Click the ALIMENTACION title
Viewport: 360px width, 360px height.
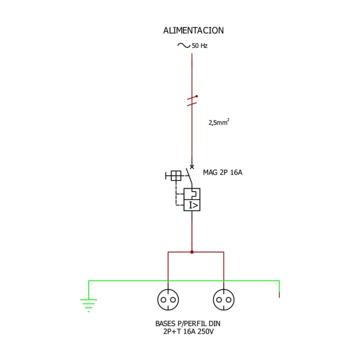(x=193, y=30)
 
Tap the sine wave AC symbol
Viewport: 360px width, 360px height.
(x=183, y=45)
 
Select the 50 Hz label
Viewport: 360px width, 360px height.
(x=199, y=45)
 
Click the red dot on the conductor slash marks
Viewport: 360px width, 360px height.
(x=196, y=96)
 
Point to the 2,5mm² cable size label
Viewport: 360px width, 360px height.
(x=219, y=122)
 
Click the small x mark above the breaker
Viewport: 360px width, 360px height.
(x=192, y=167)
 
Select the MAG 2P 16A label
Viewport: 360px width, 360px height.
(x=222, y=172)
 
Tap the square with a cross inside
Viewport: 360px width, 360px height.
(x=176, y=176)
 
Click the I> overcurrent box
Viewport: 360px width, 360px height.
(x=192, y=205)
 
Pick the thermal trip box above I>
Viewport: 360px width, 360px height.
(x=192, y=194)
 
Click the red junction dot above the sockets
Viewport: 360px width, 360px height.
(x=192, y=252)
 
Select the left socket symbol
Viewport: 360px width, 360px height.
(x=168, y=299)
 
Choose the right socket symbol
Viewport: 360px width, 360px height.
(x=223, y=299)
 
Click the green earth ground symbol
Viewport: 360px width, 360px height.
(x=88, y=305)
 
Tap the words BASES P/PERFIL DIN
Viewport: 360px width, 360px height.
(x=188, y=323)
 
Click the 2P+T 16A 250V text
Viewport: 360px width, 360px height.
(x=188, y=331)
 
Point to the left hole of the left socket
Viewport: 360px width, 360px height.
(x=163, y=300)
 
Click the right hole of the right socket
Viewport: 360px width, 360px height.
(x=228, y=300)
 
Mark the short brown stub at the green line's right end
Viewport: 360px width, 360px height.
(x=279, y=295)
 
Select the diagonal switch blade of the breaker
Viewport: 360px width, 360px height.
(x=189, y=176)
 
